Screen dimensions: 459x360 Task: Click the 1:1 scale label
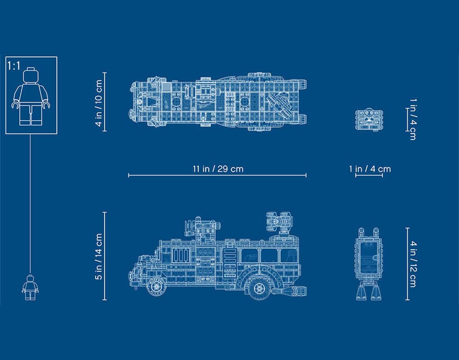pyautogui.click(x=14, y=66)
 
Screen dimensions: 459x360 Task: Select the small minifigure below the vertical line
pyautogui.click(x=30, y=287)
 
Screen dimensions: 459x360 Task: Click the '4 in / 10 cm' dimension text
pyautogui.click(x=99, y=103)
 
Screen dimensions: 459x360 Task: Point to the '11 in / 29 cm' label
pyautogui.click(x=218, y=169)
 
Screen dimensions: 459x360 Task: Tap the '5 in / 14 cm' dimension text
pyautogui.click(x=99, y=256)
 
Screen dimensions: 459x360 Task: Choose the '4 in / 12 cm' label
pyautogui.click(x=413, y=264)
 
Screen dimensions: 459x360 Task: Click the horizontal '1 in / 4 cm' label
pyautogui.click(x=370, y=169)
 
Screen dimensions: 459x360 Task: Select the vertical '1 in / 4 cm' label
pyautogui.click(x=413, y=119)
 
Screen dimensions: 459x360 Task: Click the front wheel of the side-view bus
pyautogui.click(x=155, y=286)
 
